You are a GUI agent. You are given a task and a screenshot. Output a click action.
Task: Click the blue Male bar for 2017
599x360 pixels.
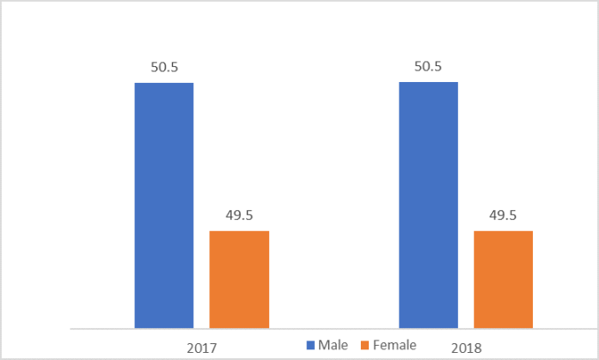coord(164,206)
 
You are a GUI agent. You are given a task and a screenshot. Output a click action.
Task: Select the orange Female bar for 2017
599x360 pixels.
coord(239,280)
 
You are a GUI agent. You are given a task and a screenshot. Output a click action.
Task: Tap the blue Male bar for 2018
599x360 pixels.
coord(429,206)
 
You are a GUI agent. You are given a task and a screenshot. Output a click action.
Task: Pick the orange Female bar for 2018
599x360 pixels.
coord(504,280)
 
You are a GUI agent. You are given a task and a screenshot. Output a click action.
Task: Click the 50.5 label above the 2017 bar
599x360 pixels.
coord(164,66)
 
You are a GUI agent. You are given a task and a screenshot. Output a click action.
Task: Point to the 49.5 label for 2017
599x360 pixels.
coord(239,214)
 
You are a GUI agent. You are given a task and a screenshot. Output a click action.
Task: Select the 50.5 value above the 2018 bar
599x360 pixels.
coord(429,66)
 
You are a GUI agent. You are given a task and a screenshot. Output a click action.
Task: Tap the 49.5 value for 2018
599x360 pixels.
coord(504,214)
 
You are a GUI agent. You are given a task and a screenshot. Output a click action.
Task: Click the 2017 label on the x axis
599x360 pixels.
coord(202,347)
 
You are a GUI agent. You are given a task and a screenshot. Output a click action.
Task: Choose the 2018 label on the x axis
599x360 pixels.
coord(467,347)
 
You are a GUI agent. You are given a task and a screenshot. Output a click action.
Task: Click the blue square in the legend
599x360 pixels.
coord(311,345)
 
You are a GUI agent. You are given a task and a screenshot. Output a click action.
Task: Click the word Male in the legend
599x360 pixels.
coord(333,345)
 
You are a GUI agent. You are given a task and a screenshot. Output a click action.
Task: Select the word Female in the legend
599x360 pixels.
coord(394,345)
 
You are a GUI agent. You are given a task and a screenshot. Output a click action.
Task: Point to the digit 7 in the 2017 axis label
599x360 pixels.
coord(214,347)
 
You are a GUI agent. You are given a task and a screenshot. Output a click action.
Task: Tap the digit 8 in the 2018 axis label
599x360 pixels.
coord(479,347)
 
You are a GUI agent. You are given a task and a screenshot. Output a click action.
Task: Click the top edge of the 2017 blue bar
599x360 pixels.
coord(164,83)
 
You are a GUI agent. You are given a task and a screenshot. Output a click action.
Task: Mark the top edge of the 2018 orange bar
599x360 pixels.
coord(504,231)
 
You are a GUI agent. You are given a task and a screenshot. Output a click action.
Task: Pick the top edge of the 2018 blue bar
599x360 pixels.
coord(429,83)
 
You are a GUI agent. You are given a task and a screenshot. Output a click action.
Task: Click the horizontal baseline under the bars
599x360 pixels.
coord(335,329)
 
